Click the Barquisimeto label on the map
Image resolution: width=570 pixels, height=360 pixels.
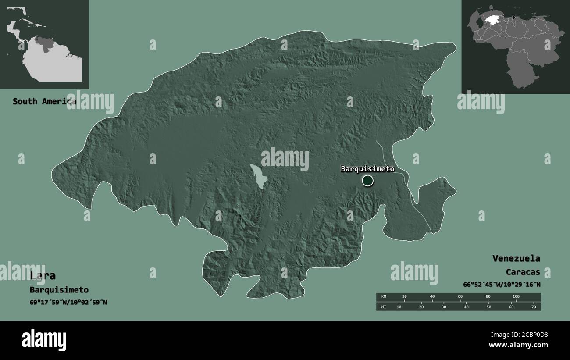[x=367, y=169]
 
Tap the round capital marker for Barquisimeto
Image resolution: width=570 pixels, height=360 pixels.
[x=367, y=180]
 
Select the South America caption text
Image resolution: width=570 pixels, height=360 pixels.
[x=44, y=101]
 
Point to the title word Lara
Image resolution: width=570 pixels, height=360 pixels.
[x=43, y=275]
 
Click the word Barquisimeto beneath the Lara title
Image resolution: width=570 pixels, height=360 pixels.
[x=59, y=290]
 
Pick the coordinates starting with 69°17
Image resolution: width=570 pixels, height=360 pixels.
[x=68, y=302]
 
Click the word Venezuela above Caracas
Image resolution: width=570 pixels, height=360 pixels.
[x=516, y=258]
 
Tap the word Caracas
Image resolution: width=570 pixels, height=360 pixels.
[x=523, y=272]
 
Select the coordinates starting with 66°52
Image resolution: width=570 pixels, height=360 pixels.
[x=502, y=285]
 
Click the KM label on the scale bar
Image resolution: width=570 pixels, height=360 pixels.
[x=384, y=297]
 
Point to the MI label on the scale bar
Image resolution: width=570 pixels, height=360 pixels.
[x=384, y=307]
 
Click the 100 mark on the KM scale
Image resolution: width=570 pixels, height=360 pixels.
[x=516, y=297]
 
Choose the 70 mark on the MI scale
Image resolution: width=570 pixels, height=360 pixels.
[x=534, y=307]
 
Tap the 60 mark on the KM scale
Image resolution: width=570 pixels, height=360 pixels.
[x=460, y=297]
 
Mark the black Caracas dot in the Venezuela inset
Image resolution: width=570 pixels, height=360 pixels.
[x=513, y=18]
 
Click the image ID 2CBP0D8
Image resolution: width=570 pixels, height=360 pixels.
[x=531, y=335]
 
